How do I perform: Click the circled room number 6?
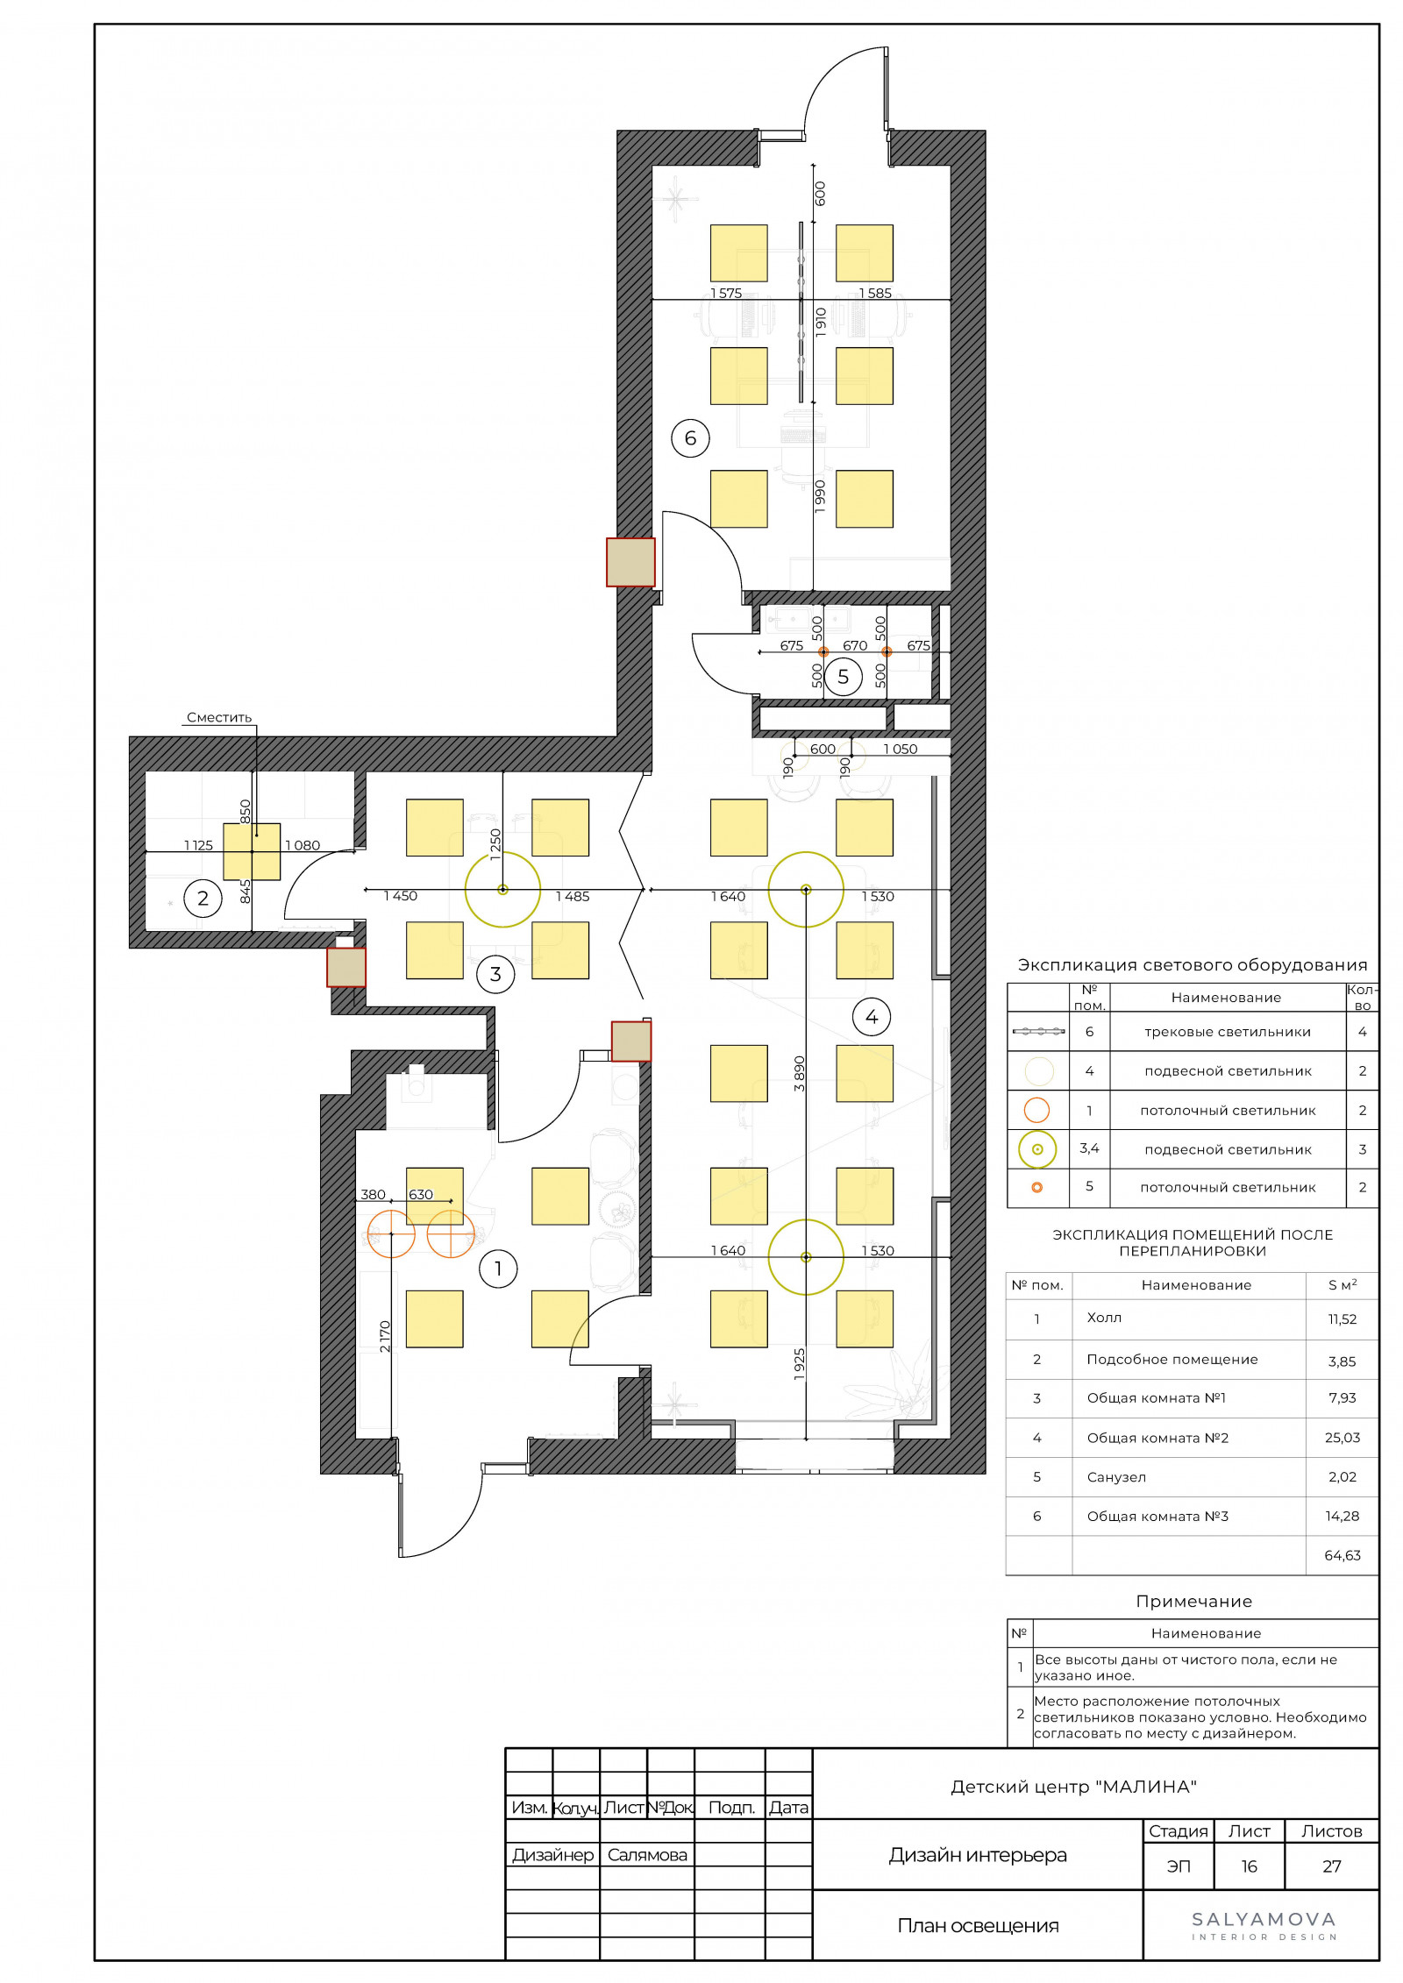tap(690, 437)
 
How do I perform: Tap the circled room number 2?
tap(203, 899)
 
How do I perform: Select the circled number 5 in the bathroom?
tap(843, 677)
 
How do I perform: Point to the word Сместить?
tap(219, 717)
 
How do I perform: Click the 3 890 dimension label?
tap(799, 1073)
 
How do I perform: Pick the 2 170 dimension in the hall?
tap(385, 1336)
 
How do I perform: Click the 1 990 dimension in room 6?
tap(820, 496)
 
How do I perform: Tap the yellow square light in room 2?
tap(252, 851)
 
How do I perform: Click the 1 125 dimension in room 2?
tap(198, 845)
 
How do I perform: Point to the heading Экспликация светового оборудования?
tap(1192, 965)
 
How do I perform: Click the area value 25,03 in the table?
tap(1342, 1438)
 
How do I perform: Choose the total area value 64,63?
tap(1342, 1555)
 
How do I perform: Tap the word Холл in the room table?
tap(1104, 1318)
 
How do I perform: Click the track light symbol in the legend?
tap(1038, 1032)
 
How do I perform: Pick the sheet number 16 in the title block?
tap(1249, 1866)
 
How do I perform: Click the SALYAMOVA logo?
tap(1264, 1925)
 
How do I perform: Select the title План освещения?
tap(978, 1925)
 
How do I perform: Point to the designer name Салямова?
tap(647, 1854)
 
